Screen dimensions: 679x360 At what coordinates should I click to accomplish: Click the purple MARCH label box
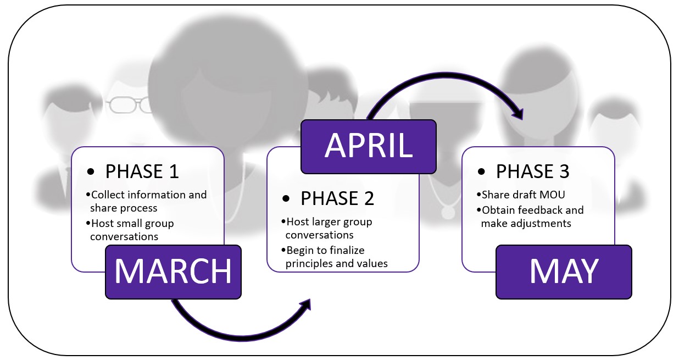(x=173, y=272)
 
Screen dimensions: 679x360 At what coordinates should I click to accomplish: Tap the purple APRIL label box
(x=368, y=147)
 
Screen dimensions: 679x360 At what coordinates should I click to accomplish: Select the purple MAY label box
(x=564, y=272)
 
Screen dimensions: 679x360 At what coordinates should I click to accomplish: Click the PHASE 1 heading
(x=142, y=171)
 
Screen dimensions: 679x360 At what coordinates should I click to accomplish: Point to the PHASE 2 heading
(x=337, y=198)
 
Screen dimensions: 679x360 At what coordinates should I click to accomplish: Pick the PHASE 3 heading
(x=532, y=171)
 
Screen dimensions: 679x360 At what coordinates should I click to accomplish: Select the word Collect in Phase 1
(x=107, y=195)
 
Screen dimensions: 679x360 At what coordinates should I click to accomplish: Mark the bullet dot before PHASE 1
(x=90, y=171)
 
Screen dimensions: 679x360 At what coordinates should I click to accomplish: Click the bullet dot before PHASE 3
(x=481, y=171)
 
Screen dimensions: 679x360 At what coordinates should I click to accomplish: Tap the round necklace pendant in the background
(x=448, y=212)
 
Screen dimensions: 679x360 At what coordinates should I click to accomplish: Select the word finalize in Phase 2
(x=347, y=251)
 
